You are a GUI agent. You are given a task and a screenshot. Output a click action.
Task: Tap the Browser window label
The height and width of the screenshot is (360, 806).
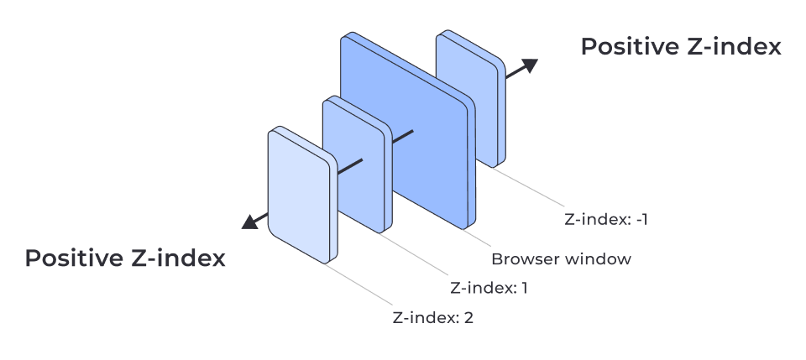[560, 258]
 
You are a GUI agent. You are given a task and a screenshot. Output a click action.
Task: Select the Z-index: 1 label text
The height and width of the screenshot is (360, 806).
[489, 288]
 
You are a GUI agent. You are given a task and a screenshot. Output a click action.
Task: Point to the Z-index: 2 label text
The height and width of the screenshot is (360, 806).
[432, 318]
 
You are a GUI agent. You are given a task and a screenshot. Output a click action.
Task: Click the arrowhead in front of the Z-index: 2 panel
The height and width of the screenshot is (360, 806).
[249, 222]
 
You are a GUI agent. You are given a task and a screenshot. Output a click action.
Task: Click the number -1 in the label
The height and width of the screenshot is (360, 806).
[641, 221]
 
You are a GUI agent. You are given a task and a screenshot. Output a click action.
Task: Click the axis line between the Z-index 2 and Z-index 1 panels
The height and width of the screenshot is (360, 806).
[349, 166]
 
